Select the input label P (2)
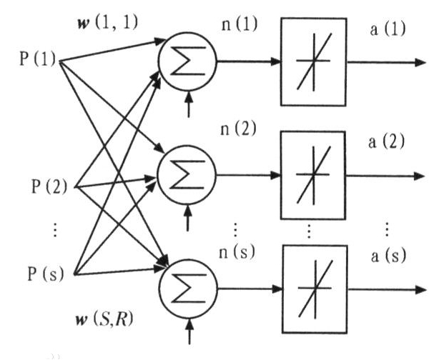coord(49,188)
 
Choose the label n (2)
coord(239,131)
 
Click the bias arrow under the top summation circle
coord(188,106)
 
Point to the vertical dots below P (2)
coord(56,229)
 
